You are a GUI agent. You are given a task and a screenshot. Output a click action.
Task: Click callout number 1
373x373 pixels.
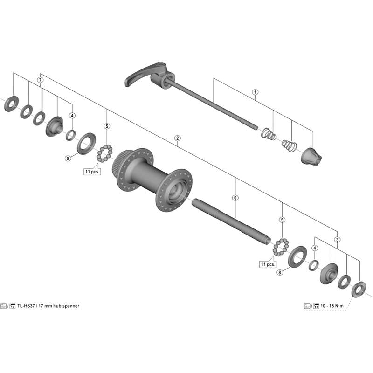coord(255,91)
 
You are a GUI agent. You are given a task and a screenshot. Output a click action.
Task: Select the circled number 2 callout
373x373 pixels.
coord(177,138)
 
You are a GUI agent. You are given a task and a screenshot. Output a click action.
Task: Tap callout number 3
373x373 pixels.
coord(337,240)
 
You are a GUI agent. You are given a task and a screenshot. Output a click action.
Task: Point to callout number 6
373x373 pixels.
coord(235,198)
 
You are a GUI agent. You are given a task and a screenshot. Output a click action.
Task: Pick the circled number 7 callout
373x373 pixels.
coord(41,80)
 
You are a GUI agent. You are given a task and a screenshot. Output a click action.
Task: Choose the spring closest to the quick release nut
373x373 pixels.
coord(288,145)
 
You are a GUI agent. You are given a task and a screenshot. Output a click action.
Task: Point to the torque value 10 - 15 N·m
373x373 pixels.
coord(332,306)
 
